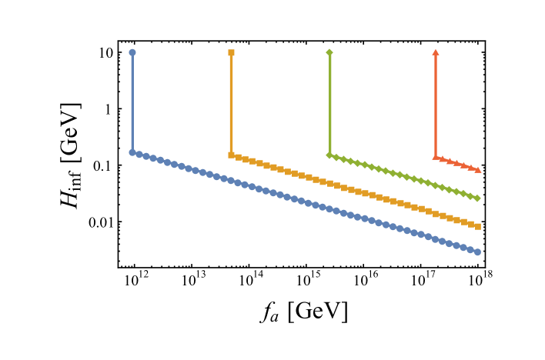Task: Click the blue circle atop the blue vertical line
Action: tap(132, 53)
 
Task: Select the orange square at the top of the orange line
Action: tap(232, 53)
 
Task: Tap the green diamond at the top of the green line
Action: tap(329, 52)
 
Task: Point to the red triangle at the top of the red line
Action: tap(436, 52)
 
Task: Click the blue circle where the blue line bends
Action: tap(132, 152)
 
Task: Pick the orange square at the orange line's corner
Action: tap(232, 155)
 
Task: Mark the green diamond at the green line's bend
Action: tap(329, 155)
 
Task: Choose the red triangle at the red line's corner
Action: tap(436, 157)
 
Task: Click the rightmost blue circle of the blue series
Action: tap(477, 252)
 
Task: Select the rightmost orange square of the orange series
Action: tap(478, 226)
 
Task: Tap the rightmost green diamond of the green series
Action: tap(477, 198)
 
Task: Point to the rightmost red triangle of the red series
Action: tap(478, 169)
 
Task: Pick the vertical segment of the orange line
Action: tap(232, 104)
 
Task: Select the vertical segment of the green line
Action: tap(329, 104)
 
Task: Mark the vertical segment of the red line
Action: tap(436, 104)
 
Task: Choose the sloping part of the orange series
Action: tap(354, 190)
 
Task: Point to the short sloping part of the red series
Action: tap(457, 163)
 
